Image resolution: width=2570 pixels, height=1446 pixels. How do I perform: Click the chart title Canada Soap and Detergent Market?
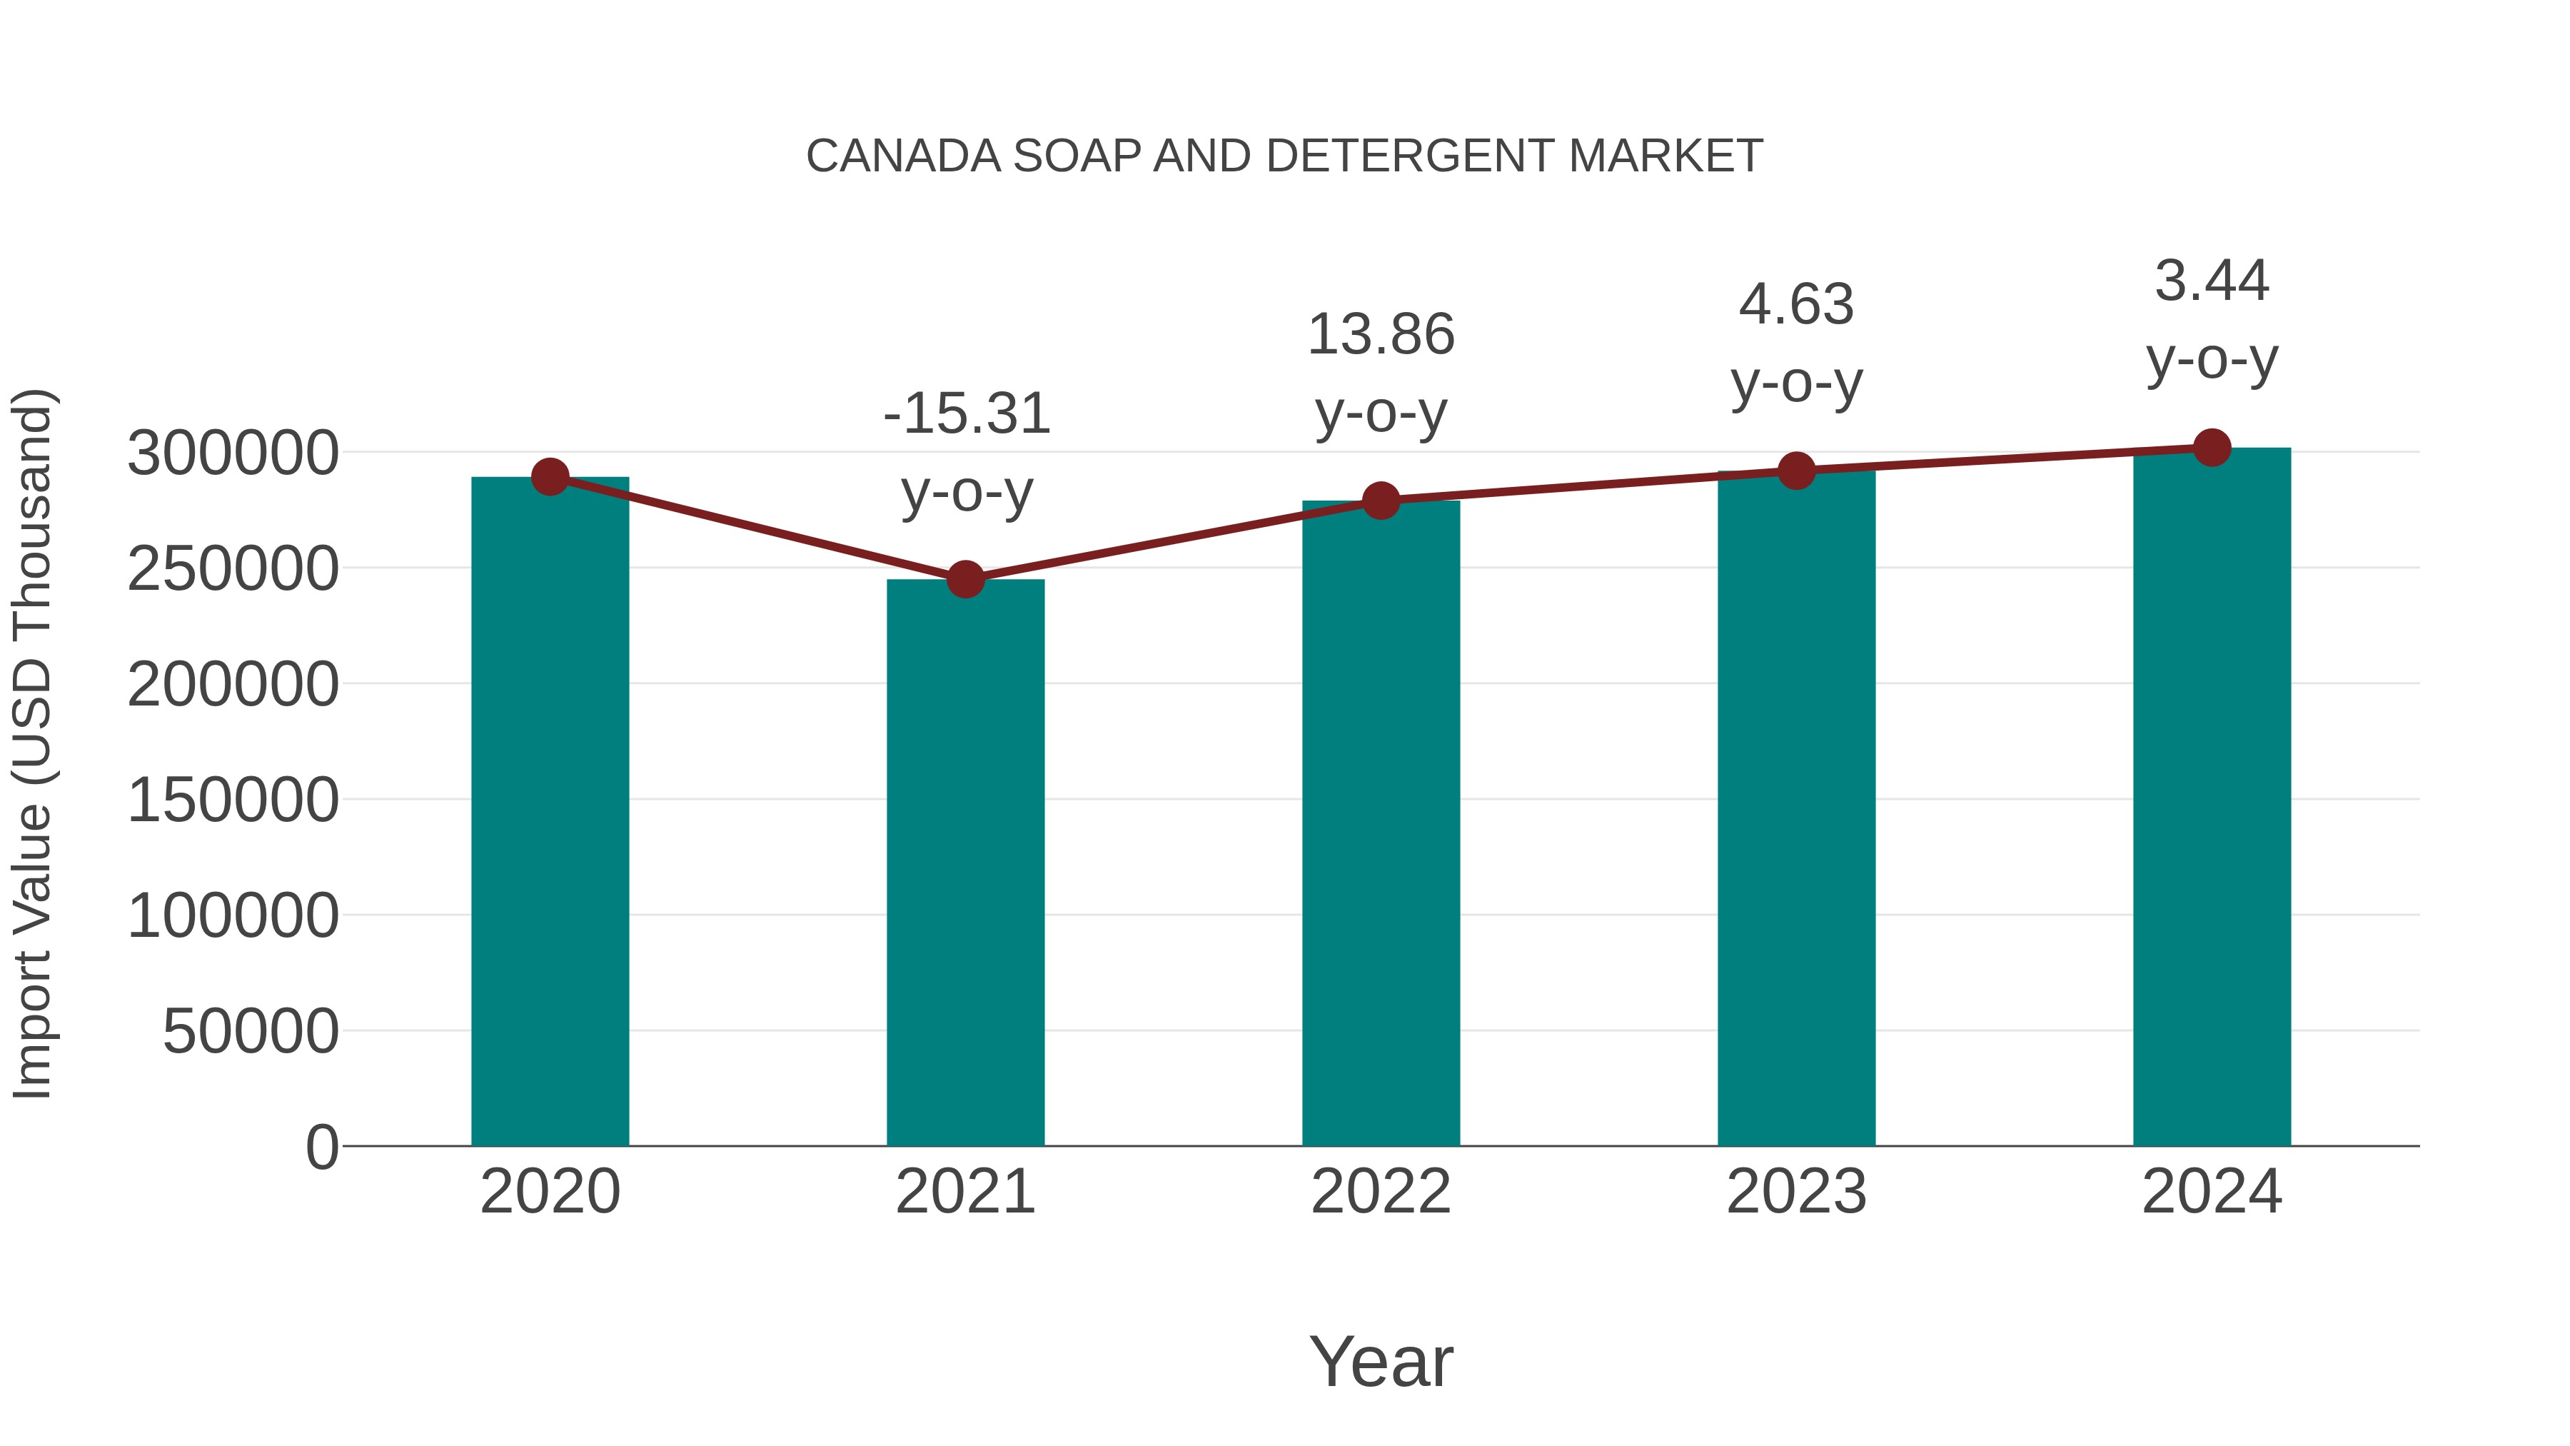click(x=1284, y=156)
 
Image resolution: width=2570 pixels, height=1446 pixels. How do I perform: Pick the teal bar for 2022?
click(x=1380, y=823)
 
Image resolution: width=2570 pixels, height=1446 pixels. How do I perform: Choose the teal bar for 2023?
click(x=1796, y=808)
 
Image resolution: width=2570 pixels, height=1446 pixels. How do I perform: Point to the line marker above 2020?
click(x=550, y=477)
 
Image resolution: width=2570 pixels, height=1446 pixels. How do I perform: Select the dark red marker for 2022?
click(x=1380, y=500)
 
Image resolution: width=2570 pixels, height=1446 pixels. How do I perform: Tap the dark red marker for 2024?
click(x=2211, y=447)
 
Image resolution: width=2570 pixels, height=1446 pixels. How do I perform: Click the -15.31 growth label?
click(x=967, y=413)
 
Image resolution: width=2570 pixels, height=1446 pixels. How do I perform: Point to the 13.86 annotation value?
click(x=1381, y=334)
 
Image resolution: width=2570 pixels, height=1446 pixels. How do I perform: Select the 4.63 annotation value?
click(x=1796, y=304)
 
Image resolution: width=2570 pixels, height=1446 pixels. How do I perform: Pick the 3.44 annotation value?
click(x=2211, y=281)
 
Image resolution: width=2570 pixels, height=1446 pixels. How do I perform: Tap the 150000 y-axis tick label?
click(x=233, y=800)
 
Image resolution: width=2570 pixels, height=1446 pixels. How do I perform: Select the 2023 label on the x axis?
click(x=1796, y=1192)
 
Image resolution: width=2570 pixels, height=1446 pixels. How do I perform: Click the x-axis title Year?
click(x=1381, y=1361)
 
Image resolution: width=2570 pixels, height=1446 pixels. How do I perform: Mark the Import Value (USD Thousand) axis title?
click(x=32, y=743)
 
